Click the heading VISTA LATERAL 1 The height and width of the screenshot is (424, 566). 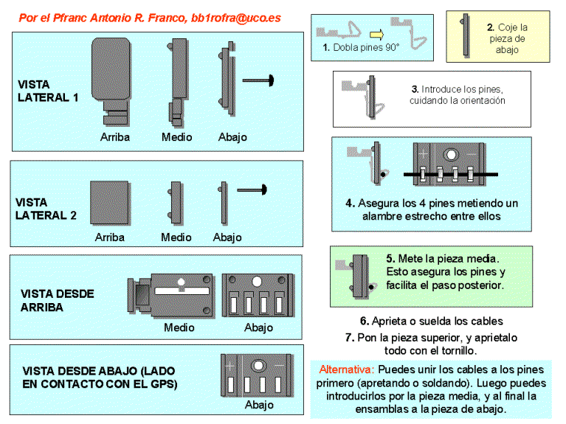tap(47, 91)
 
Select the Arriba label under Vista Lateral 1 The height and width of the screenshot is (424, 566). tap(116, 137)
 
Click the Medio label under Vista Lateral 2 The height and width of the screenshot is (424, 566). tap(176, 237)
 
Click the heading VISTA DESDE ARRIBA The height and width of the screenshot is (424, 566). tap(58, 300)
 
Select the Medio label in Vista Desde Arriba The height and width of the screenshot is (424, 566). tap(179, 327)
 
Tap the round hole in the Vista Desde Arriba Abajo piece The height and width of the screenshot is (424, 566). tap(258, 282)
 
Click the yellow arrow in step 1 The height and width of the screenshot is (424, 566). tap(377, 32)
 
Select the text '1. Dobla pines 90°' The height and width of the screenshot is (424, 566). tap(361, 48)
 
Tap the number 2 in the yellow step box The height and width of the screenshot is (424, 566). tap(490, 27)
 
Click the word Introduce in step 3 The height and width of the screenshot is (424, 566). tap(441, 89)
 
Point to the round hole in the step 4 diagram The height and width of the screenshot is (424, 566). tap(451, 156)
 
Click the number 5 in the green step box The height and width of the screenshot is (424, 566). tap(390, 259)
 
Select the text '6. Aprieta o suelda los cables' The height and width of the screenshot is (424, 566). tap(432, 321)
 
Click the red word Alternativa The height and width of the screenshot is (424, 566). tap(346, 369)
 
